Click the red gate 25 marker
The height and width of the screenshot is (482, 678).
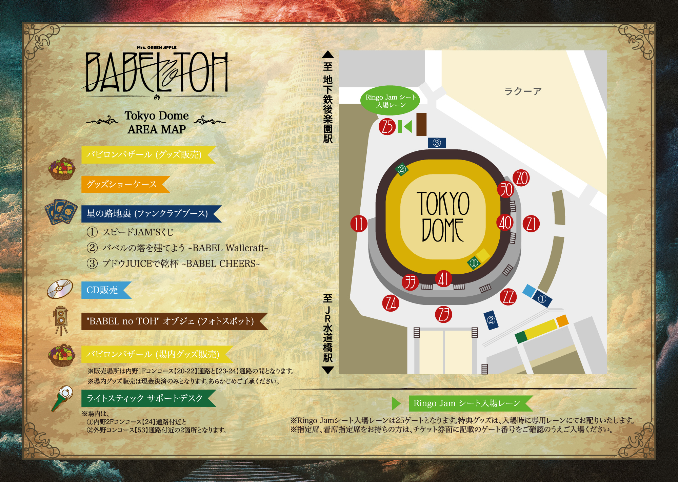[x=387, y=127]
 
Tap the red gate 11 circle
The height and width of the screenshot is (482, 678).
[x=359, y=224]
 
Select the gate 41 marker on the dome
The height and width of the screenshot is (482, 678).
[x=443, y=279]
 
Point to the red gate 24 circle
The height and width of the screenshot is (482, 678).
[x=391, y=303]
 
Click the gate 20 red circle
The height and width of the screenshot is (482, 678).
[x=521, y=178]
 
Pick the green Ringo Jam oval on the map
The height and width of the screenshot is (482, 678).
[x=390, y=101]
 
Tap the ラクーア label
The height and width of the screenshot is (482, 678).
[x=522, y=91]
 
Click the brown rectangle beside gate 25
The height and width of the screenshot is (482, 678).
[x=421, y=125]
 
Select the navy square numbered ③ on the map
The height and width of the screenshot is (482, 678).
[x=437, y=143]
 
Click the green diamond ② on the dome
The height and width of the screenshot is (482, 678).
[x=402, y=169]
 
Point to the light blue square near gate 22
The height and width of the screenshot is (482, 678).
[x=529, y=291]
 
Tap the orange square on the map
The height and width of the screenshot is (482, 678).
[x=562, y=320]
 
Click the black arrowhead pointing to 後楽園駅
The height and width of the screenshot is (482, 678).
[x=328, y=55]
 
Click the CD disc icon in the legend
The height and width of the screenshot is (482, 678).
[x=60, y=289]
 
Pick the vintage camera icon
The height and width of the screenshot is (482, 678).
[x=61, y=320]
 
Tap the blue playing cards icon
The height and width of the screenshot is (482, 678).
[x=61, y=212]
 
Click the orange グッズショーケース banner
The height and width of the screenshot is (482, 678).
[x=124, y=184]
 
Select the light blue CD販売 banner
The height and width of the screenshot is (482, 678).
[x=105, y=290]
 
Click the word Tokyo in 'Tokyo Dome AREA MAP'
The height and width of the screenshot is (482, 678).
[x=139, y=116]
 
